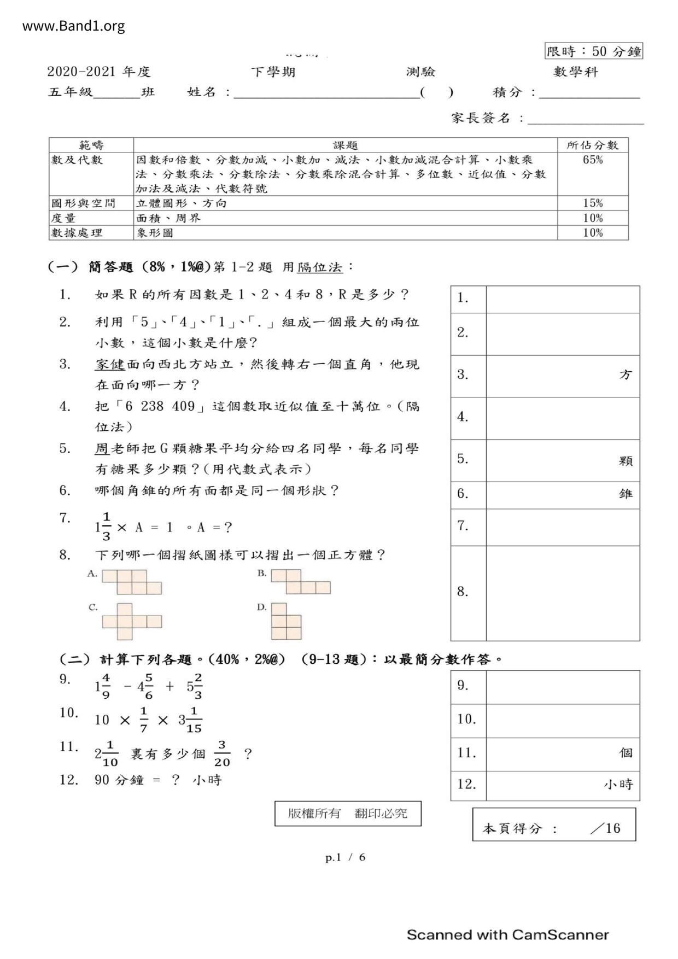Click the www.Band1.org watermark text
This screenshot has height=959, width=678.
point(73,26)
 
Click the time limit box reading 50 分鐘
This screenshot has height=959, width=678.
point(593,51)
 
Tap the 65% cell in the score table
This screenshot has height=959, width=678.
point(593,160)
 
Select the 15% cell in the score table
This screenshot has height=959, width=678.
point(593,203)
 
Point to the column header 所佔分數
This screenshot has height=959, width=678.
point(593,145)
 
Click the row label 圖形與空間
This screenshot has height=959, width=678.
point(83,203)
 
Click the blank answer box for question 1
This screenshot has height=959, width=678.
point(562,299)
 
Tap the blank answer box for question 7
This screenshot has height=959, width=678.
point(562,527)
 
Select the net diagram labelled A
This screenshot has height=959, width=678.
point(132,582)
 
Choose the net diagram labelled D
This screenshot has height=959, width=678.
point(286,621)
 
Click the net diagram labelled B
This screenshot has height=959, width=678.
point(301,582)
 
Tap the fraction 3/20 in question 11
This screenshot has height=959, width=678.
point(222,754)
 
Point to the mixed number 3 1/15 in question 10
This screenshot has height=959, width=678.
point(190,720)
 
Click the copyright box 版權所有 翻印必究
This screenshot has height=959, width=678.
point(348,814)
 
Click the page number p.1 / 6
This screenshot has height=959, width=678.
point(345,857)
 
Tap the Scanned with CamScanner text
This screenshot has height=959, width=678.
point(507,935)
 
